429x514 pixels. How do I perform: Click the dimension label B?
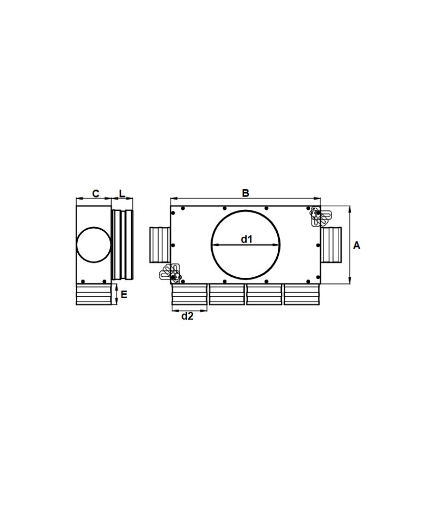[245, 193]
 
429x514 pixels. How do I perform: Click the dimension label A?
[357, 245]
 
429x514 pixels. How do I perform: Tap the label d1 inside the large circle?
[247, 239]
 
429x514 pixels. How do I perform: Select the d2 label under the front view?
[188, 316]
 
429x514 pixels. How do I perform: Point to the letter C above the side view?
[95, 194]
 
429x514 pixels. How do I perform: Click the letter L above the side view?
[122, 193]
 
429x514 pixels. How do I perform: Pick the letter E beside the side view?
[124, 294]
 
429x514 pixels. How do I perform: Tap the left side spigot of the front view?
[160, 245]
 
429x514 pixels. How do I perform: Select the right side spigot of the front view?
[331, 245]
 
